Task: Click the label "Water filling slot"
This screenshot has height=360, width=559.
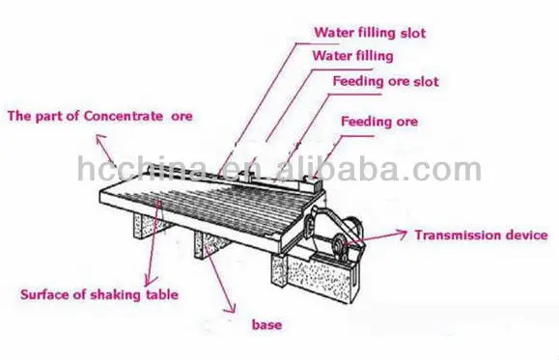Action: click(x=369, y=33)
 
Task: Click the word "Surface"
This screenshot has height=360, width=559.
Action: click(x=44, y=292)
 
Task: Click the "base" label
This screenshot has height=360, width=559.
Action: click(x=266, y=325)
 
